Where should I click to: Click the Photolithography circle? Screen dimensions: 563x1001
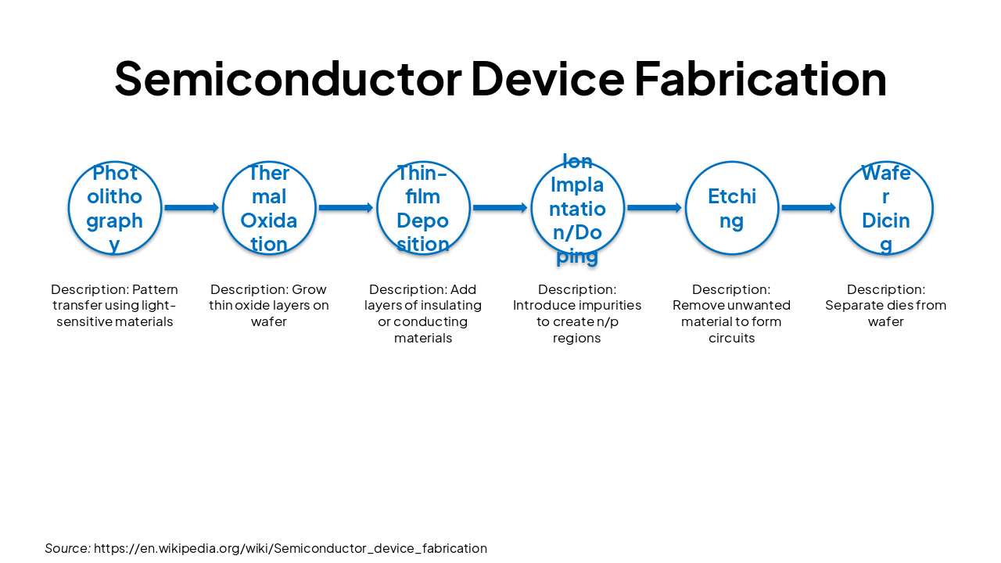115,208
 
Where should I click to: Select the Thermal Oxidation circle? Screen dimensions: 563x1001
269,208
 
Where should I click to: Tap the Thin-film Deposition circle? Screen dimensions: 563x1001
423,208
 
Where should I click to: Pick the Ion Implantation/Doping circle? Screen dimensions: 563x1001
577,208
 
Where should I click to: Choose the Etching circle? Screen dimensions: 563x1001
732,208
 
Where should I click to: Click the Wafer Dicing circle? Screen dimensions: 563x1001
886,208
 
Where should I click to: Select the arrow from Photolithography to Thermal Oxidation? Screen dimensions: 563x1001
192,208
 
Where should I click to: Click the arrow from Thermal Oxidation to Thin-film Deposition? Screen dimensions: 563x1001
346,208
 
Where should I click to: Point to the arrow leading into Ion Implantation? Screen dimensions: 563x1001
500,208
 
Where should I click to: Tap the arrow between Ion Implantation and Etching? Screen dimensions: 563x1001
654,208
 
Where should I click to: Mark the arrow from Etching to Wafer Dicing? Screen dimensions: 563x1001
809,208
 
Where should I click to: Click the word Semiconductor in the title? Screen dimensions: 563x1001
288,78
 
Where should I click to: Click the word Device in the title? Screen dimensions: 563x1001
547,78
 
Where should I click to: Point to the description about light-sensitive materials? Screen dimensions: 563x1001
115,306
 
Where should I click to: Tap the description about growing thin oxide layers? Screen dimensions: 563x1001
269,306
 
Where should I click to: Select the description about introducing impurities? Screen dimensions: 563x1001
577,314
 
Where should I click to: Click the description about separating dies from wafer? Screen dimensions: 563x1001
886,306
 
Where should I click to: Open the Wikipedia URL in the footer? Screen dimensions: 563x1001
290,548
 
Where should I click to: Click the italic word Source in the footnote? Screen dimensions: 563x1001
66,548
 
